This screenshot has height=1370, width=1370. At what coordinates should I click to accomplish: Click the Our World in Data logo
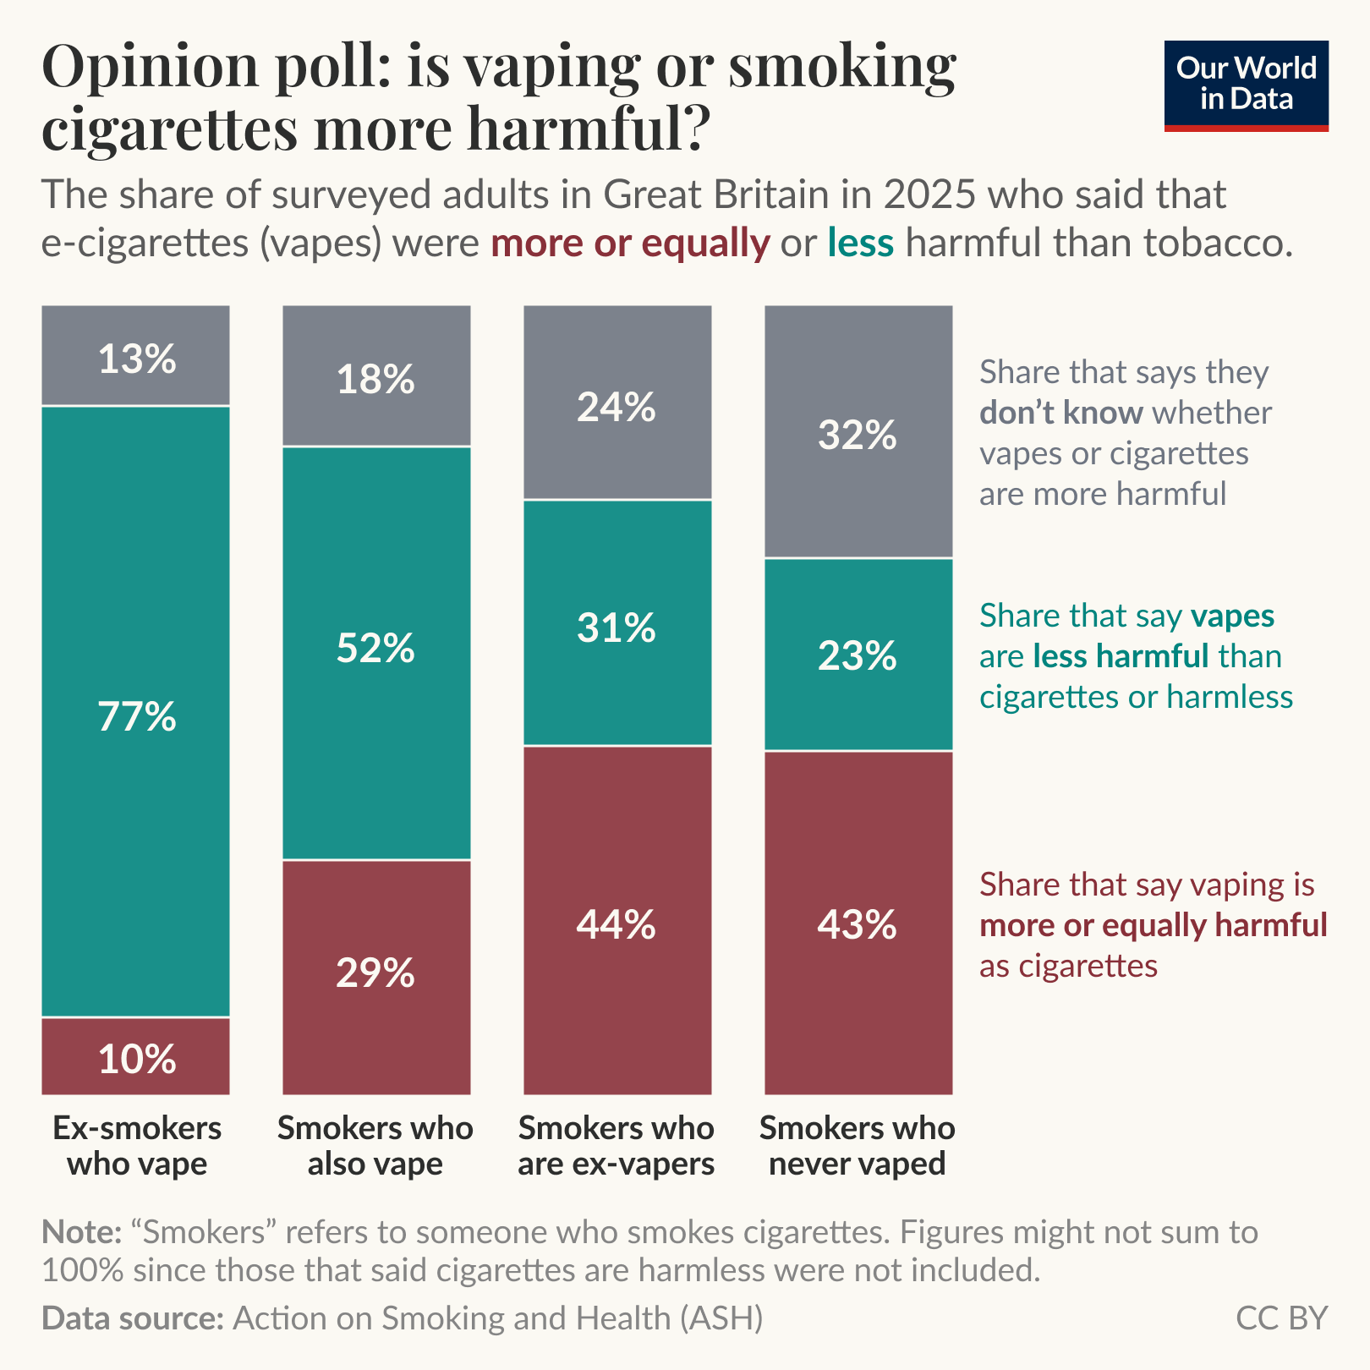(x=1246, y=85)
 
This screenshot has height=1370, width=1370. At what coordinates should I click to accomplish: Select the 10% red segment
(x=136, y=1056)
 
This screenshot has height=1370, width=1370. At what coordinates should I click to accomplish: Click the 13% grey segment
(x=136, y=356)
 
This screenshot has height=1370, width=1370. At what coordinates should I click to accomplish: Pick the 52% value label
(x=375, y=649)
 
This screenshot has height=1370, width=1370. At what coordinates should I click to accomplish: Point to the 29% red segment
(x=375, y=977)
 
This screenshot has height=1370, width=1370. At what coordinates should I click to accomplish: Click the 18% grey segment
(x=375, y=376)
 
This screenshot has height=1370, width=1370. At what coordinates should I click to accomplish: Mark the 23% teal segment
(x=858, y=655)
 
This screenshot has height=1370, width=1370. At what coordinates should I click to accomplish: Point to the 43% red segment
(x=858, y=923)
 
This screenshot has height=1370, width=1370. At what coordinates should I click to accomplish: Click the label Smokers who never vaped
(x=858, y=1146)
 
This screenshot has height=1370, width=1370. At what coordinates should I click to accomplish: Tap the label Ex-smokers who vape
(x=136, y=1146)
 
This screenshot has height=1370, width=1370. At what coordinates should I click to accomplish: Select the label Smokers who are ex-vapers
(x=616, y=1146)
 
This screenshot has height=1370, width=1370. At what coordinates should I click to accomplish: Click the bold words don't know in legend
(x=1060, y=414)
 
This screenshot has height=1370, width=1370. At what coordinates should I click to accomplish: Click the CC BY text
(x=1281, y=1318)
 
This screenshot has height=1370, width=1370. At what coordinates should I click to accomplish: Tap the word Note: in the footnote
(x=82, y=1232)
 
